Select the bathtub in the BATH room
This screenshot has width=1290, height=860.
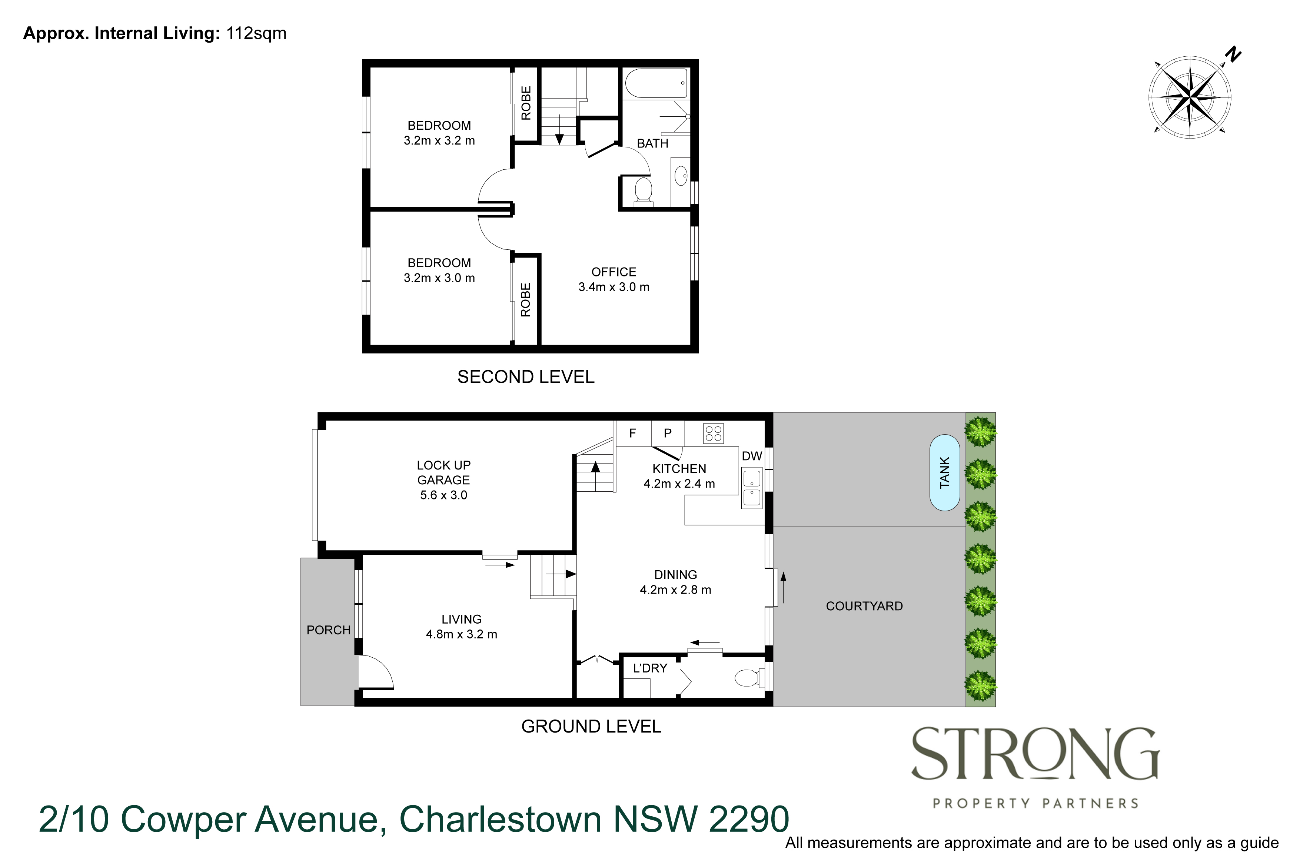click(x=656, y=83)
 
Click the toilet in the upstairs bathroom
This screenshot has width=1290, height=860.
click(x=643, y=190)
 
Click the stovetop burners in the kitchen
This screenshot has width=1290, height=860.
click(x=713, y=433)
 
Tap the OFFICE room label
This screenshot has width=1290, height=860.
click(x=614, y=272)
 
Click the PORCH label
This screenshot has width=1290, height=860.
click(x=328, y=630)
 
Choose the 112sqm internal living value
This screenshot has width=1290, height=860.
click(x=256, y=33)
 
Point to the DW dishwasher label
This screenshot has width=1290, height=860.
click(x=752, y=456)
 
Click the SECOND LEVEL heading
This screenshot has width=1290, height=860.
click(x=525, y=377)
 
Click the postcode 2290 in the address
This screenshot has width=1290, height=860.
click(x=748, y=819)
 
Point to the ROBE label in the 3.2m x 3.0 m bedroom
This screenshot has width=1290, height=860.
click(x=525, y=300)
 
